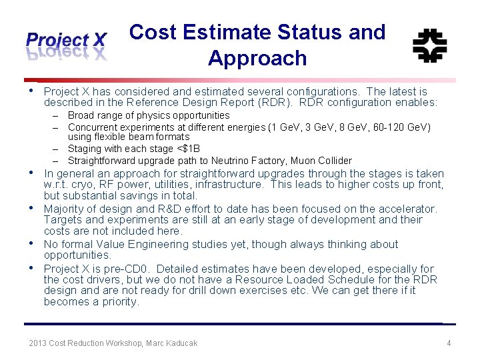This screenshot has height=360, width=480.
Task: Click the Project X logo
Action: pyautogui.click(x=66, y=45)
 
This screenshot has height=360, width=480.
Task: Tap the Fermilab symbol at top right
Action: pyautogui.click(x=430, y=46)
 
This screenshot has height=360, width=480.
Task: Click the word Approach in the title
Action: pyautogui.click(x=257, y=59)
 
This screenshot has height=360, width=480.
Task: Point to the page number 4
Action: pyautogui.click(x=449, y=343)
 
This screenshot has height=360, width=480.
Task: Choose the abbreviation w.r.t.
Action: pyautogui.click(x=57, y=185)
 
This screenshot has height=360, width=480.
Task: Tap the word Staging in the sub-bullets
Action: pyautogui.click(x=85, y=149)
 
